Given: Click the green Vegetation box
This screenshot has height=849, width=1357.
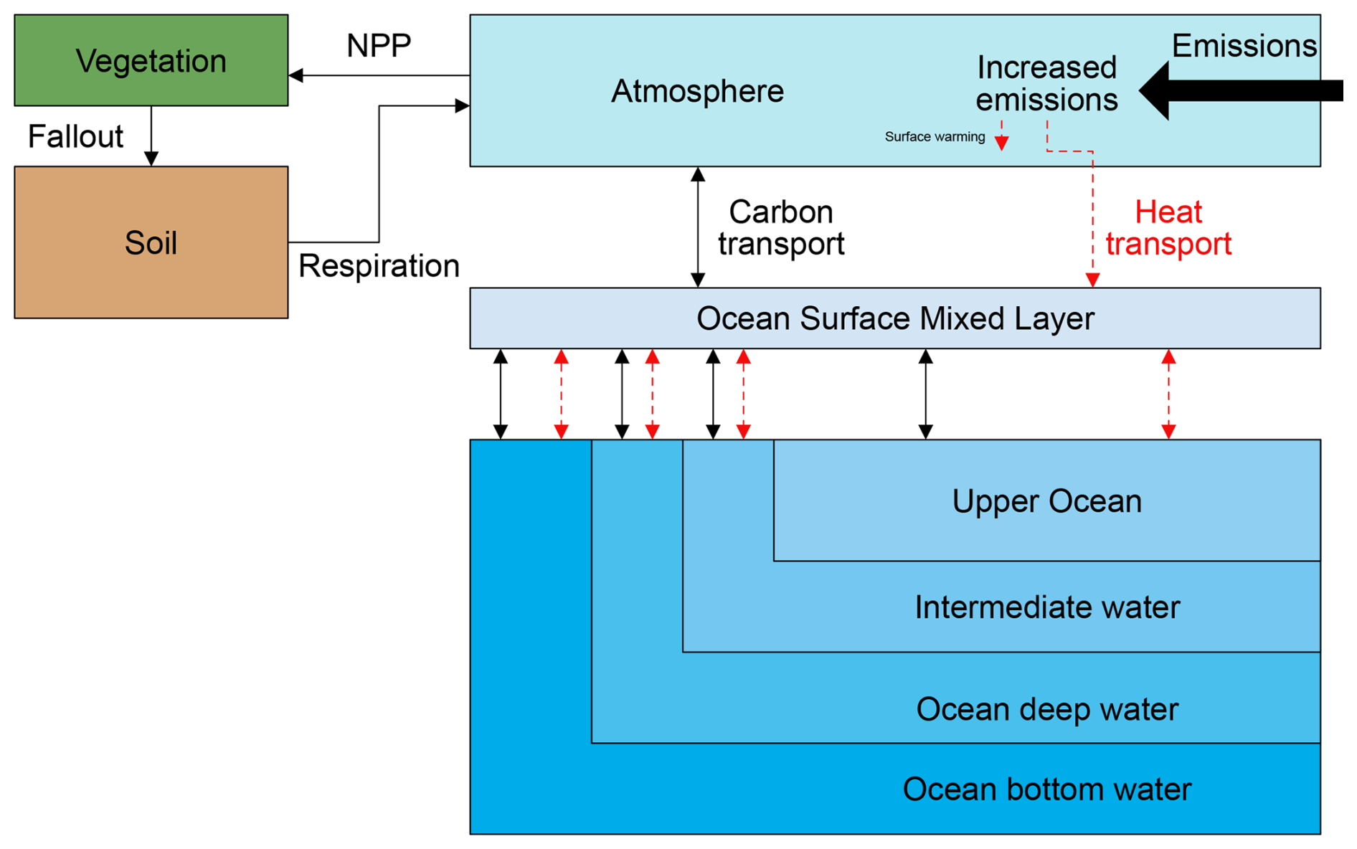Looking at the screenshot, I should pyautogui.click(x=151, y=61).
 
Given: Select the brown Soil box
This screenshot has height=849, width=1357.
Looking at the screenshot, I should pyautogui.click(x=151, y=242).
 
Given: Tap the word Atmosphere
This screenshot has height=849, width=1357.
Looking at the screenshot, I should pyautogui.click(x=697, y=91).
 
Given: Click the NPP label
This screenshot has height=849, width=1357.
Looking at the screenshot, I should pyautogui.click(x=379, y=46).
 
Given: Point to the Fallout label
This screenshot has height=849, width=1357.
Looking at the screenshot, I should pyautogui.click(x=75, y=136).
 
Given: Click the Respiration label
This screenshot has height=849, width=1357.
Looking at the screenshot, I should pyautogui.click(x=379, y=266).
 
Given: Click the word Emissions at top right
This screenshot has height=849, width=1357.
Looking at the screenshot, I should pyautogui.click(x=1244, y=46).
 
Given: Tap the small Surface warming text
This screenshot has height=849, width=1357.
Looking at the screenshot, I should pyautogui.click(x=935, y=137).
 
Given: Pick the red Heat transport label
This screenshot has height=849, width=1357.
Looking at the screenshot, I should pyautogui.click(x=1168, y=228).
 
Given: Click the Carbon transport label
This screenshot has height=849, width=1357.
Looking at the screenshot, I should pyautogui.click(x=781, y=228).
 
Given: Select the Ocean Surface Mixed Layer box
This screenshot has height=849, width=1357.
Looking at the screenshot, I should pyautogui.click(x=894, y=318).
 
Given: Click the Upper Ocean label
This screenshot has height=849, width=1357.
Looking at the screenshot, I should pyautogui.click(x=1046, y=501).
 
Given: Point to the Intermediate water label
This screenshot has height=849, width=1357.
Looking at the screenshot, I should pyautogui.click(x=1046, y=607).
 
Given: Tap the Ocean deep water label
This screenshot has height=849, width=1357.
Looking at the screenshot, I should pyautogui.click(x=1046, y=709).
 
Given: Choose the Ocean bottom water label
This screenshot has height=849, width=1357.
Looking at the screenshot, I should pyautogui.click(x=1046, y=789).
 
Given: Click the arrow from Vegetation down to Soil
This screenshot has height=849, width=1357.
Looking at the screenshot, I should pyautogui.click(x=151, y=136).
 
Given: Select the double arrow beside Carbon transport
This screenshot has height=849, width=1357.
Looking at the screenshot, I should pyautogui.click(x=698, y=227).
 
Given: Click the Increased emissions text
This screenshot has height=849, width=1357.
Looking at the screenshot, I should pyautogui.click(x=1046, y=84).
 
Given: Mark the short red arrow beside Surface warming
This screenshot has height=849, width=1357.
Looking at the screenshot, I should pyautogui.click(x=1002, y=137).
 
